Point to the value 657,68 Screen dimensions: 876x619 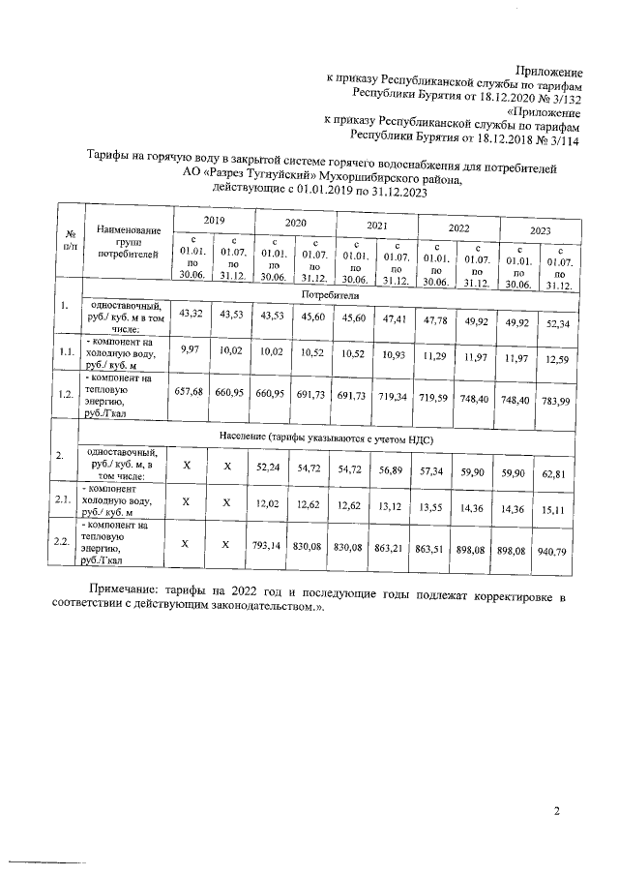(191, 394)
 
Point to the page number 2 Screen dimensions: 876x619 (556, 810)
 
